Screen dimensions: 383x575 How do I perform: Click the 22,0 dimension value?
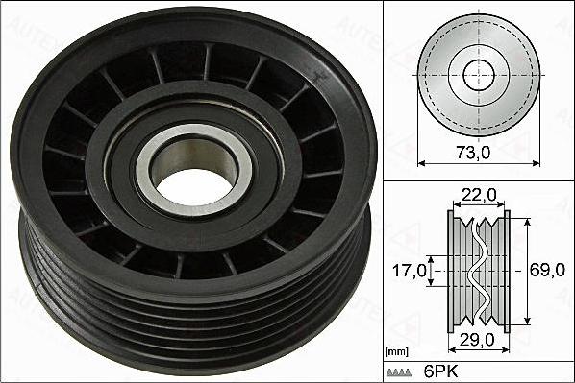pos(478,196)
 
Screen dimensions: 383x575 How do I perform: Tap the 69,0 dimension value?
pos(547,271)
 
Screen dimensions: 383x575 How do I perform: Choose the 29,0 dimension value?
pos(478,341)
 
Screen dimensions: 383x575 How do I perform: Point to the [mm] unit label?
pos(396,352)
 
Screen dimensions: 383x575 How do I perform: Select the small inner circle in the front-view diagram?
pos(478,74)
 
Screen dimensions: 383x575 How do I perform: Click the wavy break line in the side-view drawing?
pos(478,271)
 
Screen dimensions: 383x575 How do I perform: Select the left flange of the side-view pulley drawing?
pos(451,271)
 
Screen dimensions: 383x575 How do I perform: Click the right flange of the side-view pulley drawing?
pos(507,271)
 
